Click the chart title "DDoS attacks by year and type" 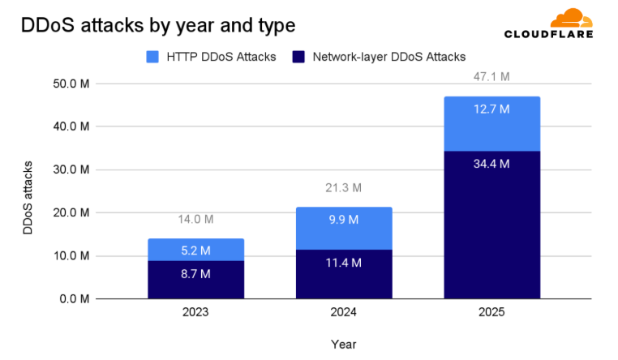tap(157, 26)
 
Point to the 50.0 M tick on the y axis tap(70, 84)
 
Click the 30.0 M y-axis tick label tap(70, 169)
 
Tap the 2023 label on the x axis tap(195, 312)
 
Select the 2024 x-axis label tap(344, 312)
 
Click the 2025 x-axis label tap(491, 312)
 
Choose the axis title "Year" tap(344, 344)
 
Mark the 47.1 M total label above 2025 tap(491, 77)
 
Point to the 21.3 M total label tap(344, 188)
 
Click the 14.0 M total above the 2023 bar tap(195, 219)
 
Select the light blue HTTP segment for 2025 tap(491, 123)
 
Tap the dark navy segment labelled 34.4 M tap(491, 225)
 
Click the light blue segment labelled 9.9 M tap(344, 229)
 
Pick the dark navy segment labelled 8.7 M tap(195, 279)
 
